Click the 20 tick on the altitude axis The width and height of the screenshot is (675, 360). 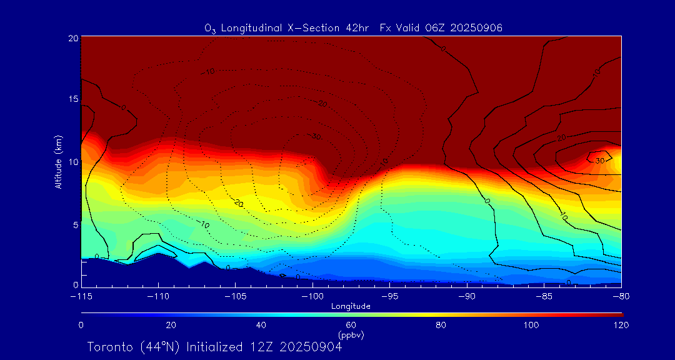(x=73, y=38)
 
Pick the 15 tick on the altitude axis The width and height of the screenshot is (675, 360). (x=73, y=99)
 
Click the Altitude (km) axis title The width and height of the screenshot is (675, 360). (x=58, y=161)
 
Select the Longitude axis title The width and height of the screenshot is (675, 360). (x=351, y=306)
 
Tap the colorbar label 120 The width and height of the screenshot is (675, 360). (x=621, y=325)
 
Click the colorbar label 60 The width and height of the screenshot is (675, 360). (x=351, y=325)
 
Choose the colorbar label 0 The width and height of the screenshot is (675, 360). (x=81, y=325)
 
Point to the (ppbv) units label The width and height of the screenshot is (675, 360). (x=351, y=334)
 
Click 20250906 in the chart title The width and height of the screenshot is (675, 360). (x=479, y=27)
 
